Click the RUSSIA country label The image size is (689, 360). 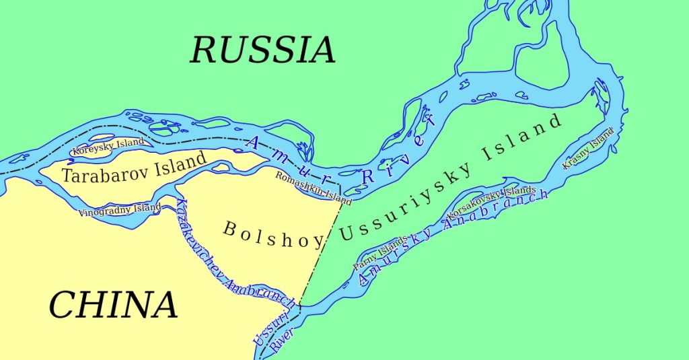[262, 50]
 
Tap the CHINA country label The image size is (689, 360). [113, 305]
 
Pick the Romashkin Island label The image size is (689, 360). [314, 188]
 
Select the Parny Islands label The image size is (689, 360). [380, 254]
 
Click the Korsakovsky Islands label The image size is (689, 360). [491, 202]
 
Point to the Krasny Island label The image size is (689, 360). [589, 148]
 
